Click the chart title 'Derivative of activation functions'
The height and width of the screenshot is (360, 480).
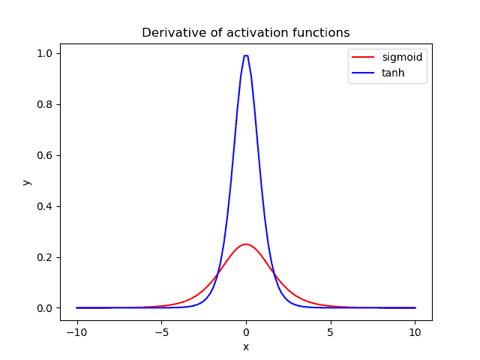(x=246, y=33)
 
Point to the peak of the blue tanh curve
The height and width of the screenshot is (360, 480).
(x=246, y=55)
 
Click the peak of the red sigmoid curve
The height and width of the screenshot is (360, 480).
(x=246, y=244)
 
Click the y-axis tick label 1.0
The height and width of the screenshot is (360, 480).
(x=45, y=53)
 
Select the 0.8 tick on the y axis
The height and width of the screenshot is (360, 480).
(x=45, y=104)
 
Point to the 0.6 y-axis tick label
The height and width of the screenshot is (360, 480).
(x=45, y=155)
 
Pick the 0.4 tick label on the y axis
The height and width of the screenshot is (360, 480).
(x=45, y=206)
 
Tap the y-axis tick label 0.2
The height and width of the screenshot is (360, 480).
(x=45, y=257)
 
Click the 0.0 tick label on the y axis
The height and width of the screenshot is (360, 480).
(x=45, y=308)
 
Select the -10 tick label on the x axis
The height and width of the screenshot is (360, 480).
(x=76, y=331)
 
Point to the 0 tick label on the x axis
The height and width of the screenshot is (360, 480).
(x=246, y=331)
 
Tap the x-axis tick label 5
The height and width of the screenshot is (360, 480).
(x=331, y=331)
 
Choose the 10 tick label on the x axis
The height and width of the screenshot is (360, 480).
(x=415, y=331)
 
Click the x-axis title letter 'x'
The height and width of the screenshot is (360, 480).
(x=246, y=346)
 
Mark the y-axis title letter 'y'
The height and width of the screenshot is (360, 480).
(x=26, y=181)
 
